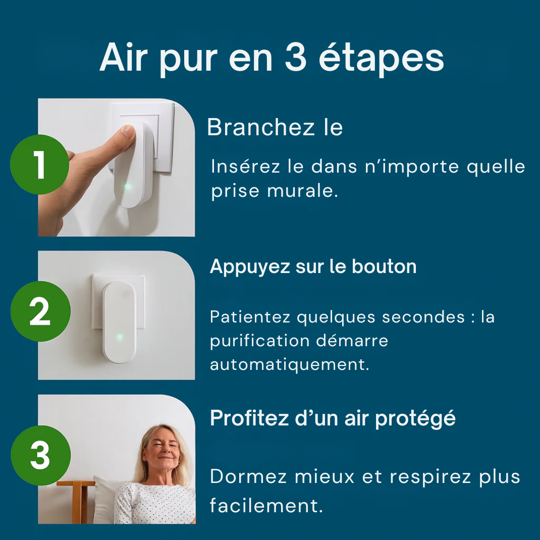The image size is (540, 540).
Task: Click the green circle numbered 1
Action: [39, 165]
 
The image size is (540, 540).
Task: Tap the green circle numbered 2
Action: [39, 311]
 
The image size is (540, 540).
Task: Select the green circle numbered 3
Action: [39, 455]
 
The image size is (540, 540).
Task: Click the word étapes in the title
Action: [381, 59]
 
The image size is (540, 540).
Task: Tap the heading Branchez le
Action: [275, 127]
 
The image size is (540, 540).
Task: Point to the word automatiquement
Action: [289, 364]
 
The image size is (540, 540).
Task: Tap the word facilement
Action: [266, 505]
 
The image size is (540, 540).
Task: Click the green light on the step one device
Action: [128, 187]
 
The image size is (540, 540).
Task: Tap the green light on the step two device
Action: [120, 337]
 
